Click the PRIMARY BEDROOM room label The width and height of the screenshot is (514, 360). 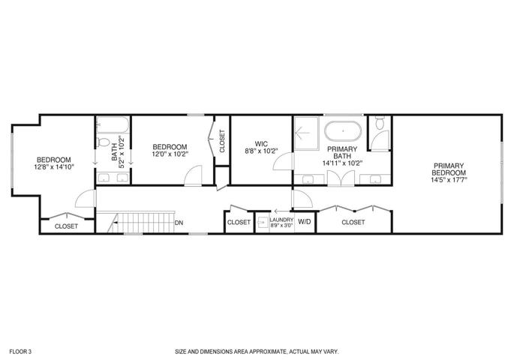click(x=449, y=169)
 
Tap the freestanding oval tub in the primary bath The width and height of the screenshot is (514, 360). click(x=343, y=131)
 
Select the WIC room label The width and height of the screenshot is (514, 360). click(x=261, y=144)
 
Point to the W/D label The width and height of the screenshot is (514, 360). click(x=305, y=222)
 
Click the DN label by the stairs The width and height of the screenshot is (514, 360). click(x=179, y=223)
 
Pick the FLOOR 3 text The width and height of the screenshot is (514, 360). click(x=20, y=352)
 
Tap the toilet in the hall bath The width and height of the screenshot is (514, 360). click(x=104, y=142)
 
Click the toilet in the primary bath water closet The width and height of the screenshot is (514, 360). click(x=380, y=122)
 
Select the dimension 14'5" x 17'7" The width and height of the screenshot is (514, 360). click(x=449, y=179)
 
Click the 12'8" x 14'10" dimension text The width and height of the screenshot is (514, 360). click(x=54, y=166)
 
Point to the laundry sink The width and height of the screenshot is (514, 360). click(x=262, y=223)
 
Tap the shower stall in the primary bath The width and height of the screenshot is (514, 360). click(x=306, y=133)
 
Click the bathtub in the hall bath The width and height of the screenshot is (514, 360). click(x=113, y=124)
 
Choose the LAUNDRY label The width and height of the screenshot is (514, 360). click(x=281, y=220)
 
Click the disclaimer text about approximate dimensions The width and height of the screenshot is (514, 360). click(x=257, y=352)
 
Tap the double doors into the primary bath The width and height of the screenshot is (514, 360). click(x=341, y=178)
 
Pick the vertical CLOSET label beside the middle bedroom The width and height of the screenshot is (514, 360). click(x=222, y=141)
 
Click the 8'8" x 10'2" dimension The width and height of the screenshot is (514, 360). click(x=261, y=151)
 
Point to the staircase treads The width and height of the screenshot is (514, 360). click(x=141, y=223)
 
